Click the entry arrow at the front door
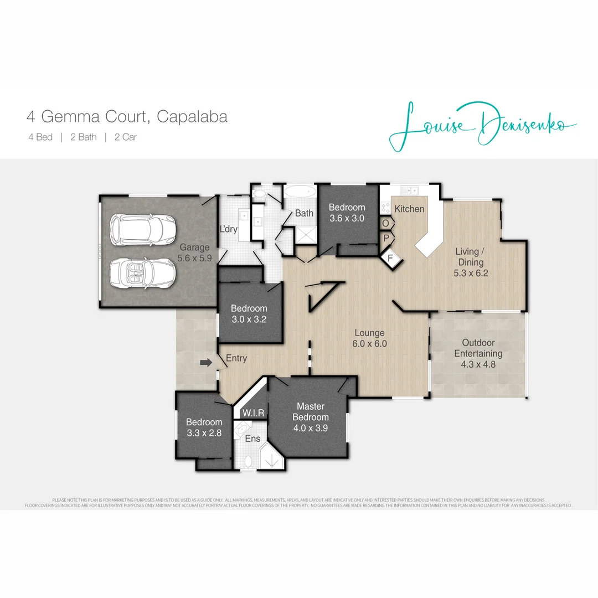(205, 363)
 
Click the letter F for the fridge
(390, 257)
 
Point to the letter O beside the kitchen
(386, 223)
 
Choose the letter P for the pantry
(386, 237)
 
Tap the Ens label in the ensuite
(253, 439)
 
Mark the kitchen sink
(411, 189)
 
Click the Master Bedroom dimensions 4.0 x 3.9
(311, 427)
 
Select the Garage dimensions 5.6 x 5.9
(194, 258)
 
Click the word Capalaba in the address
(192, 117)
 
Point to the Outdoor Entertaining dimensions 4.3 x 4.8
(478, 364)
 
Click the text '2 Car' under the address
(126, 137)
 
